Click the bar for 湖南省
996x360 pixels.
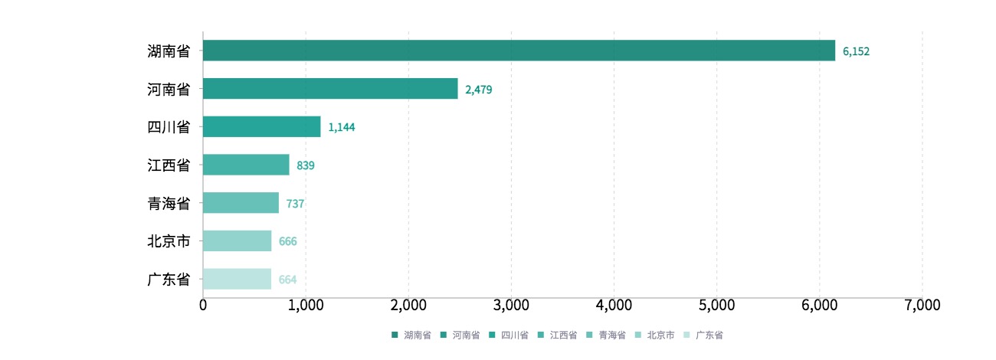(x=519, y=51)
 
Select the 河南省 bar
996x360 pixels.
(x=330, y=89)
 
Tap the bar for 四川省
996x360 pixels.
(x=261, y=126)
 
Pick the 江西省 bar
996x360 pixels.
(x=246, y=165)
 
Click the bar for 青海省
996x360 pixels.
(x=241, y=203)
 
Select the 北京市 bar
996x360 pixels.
(x=237, y=241)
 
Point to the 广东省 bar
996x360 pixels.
(x=237, y=279)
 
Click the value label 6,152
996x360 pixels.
(x=856, y=51)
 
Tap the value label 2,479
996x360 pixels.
(x=478, y=90)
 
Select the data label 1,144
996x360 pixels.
(x=341, y=127)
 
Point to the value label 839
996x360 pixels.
(x=306, y=165)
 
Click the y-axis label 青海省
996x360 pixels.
(x=169, y=203)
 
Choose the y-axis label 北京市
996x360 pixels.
(x=169, y=241)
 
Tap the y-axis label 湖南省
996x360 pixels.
(x=169, y=51)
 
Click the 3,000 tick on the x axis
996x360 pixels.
(x=511, y=305)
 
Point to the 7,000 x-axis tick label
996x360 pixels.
(x=922, y=305)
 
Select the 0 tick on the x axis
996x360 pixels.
(x=203, y=305)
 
